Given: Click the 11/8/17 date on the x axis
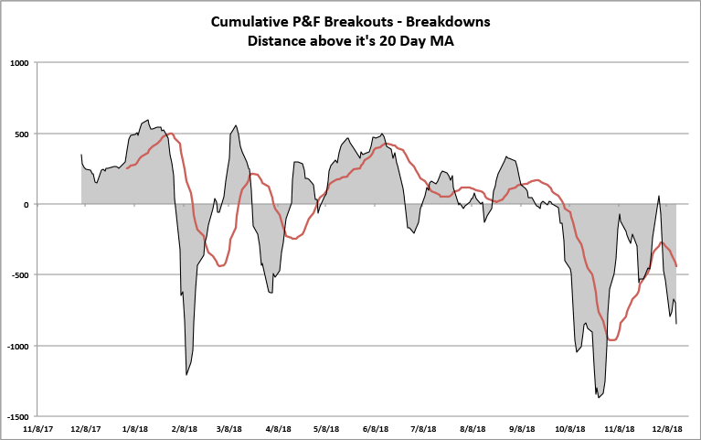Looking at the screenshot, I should point(37,427).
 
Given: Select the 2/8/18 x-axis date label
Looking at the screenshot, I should point(184,427).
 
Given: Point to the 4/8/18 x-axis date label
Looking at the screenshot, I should point(278,427).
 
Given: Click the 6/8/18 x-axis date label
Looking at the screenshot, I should point(376,427).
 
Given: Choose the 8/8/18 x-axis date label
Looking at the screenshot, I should point(473,427).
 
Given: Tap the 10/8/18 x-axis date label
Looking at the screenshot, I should point(570,427).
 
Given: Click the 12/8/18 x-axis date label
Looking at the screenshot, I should point(668,427).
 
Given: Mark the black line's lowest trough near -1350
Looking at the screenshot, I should point(599,397).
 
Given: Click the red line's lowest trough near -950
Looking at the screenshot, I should point(611,339).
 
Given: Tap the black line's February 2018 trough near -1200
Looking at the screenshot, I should point(186,374).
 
